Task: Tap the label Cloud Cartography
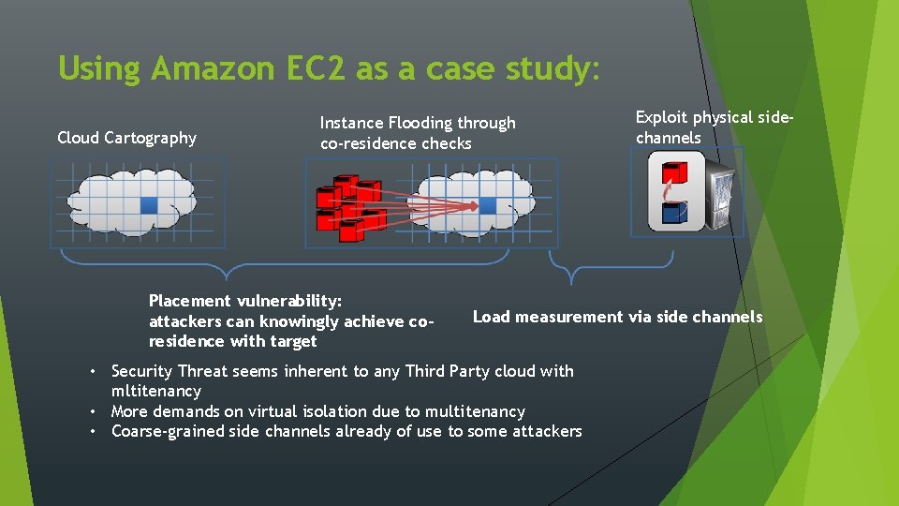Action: [x=126, y=138]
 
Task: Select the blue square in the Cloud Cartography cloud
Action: [x=148, y=204]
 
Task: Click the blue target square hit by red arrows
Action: [x=488, y=205]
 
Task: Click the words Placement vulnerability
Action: [x=245, y=301]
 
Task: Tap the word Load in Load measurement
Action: [x=491, y=317]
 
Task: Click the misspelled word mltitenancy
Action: [x=155, y=391]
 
